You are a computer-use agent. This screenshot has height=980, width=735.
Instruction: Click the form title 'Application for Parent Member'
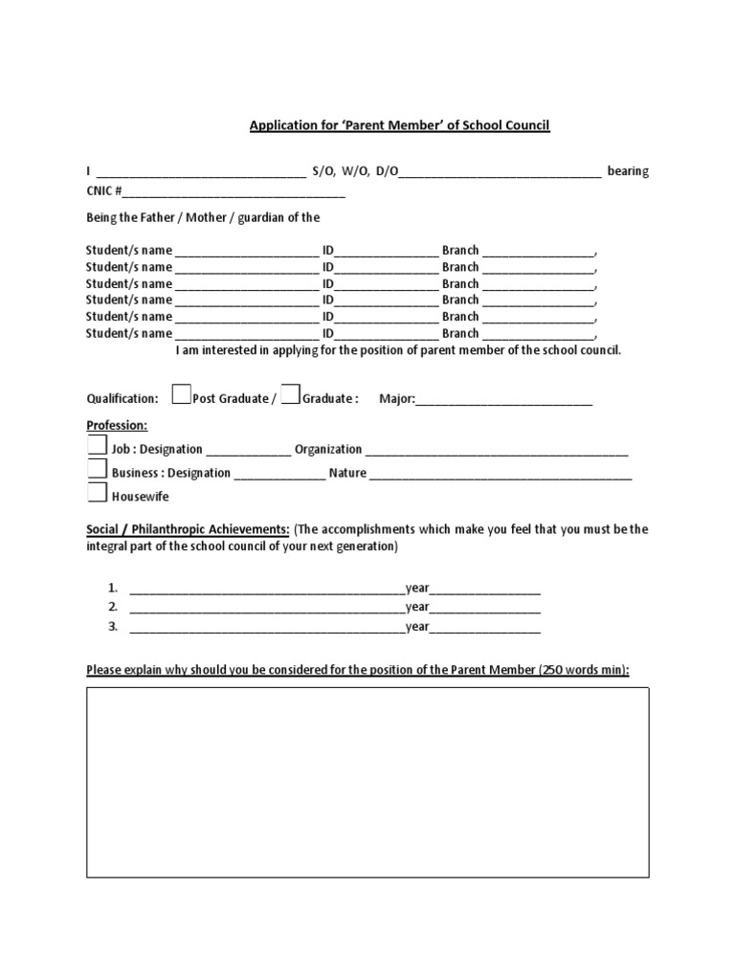(x=399, y=125)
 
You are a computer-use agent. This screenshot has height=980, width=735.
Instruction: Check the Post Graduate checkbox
(x=181, y=394)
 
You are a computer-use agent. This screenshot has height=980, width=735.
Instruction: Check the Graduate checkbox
(x=291, y=394)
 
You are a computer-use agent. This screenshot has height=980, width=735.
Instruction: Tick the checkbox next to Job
(x=97, y=446)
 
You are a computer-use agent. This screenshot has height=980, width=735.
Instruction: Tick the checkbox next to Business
(x=97, y=469)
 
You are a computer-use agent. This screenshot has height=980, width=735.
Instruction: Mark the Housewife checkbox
(x=97, y=493)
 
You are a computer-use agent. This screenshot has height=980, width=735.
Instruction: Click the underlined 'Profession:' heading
(x=117, y=425)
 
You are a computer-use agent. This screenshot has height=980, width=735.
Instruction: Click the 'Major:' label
(x=396, y=399)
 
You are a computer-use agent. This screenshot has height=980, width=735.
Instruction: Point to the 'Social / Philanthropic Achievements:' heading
(x=188, y=529)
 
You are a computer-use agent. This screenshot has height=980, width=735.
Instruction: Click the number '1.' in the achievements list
(x=112, y=588)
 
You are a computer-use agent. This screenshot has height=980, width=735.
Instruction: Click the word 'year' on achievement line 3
(x=417, y=628)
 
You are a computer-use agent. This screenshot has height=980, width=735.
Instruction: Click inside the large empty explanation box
(x=368, y=781)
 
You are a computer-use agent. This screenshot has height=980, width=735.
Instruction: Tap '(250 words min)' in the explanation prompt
(x=584, y=670)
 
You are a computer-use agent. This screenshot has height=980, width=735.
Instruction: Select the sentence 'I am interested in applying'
(x=397, y=350)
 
